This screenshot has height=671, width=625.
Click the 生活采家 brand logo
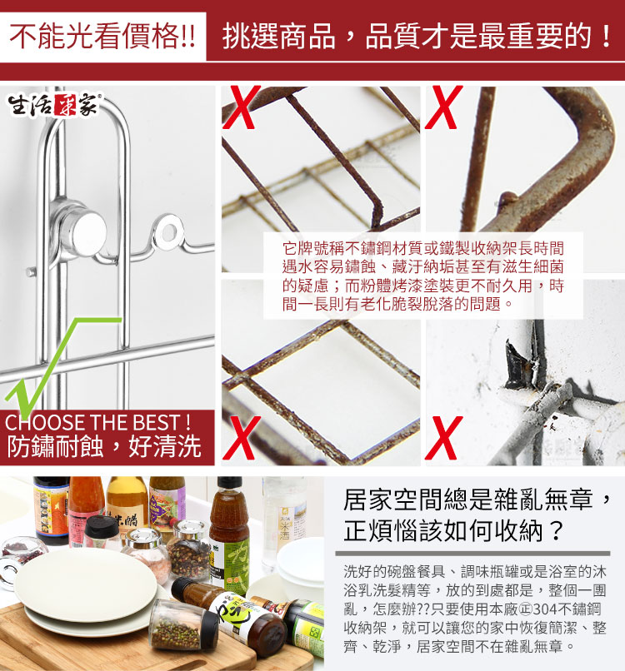(x=54, y=104)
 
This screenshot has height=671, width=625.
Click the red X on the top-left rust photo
(x=241, y=107)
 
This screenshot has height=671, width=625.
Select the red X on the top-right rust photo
(x=444, y=107)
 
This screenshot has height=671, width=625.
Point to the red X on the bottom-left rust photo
(x=241, y=437)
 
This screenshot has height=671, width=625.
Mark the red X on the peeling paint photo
(x=444, y=437)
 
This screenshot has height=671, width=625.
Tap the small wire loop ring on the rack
(x=169, y=233)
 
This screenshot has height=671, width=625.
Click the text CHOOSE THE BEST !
(x=97, y=422)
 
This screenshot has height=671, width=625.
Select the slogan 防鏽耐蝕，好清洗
(x=104, y=447)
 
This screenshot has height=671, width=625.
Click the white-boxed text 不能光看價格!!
(x=102, y=36)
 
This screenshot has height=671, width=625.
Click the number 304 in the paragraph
(x=545, y=609)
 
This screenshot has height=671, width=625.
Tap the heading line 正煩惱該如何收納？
(x=453, y=530)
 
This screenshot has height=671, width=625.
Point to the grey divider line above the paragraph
(x=472, y=554)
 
